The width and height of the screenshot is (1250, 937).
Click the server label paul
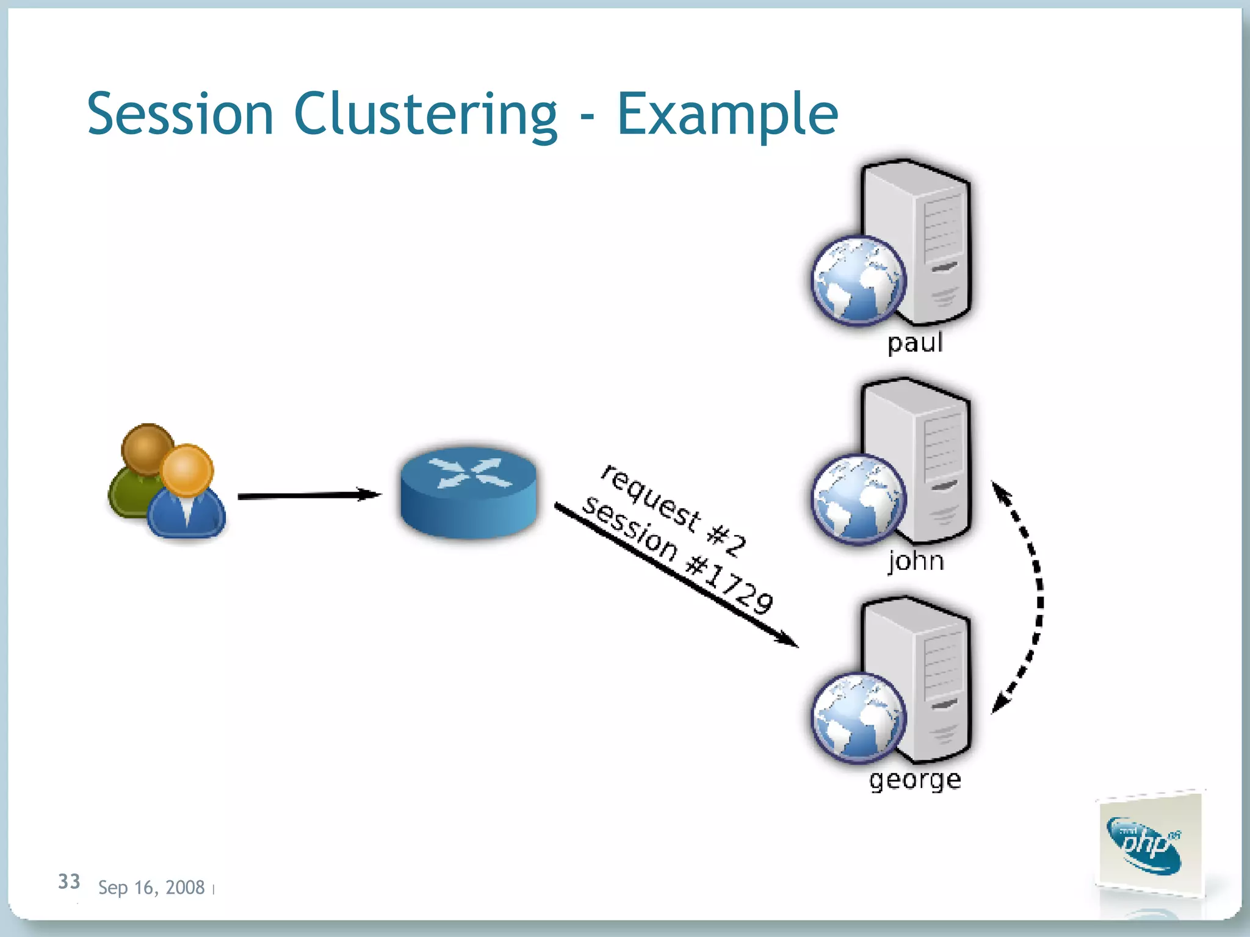click(x=915, y=342)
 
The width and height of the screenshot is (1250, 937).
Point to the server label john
click(x=916, y=561)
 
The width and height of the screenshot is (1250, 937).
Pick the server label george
click(x=915, y=780)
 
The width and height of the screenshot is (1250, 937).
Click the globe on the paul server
click(x=858, y=280)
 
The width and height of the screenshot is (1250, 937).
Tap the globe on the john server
click(x=858, y=499)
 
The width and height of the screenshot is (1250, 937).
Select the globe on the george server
click(x=858, y=717)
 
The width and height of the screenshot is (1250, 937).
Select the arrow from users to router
click(x=308, y=495)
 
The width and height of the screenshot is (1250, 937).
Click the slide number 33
click(x=69, y=881)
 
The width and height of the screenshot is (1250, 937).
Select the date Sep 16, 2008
click(x=151, y=887)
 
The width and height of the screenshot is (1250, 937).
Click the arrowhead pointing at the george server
click(x=787, y=640)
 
